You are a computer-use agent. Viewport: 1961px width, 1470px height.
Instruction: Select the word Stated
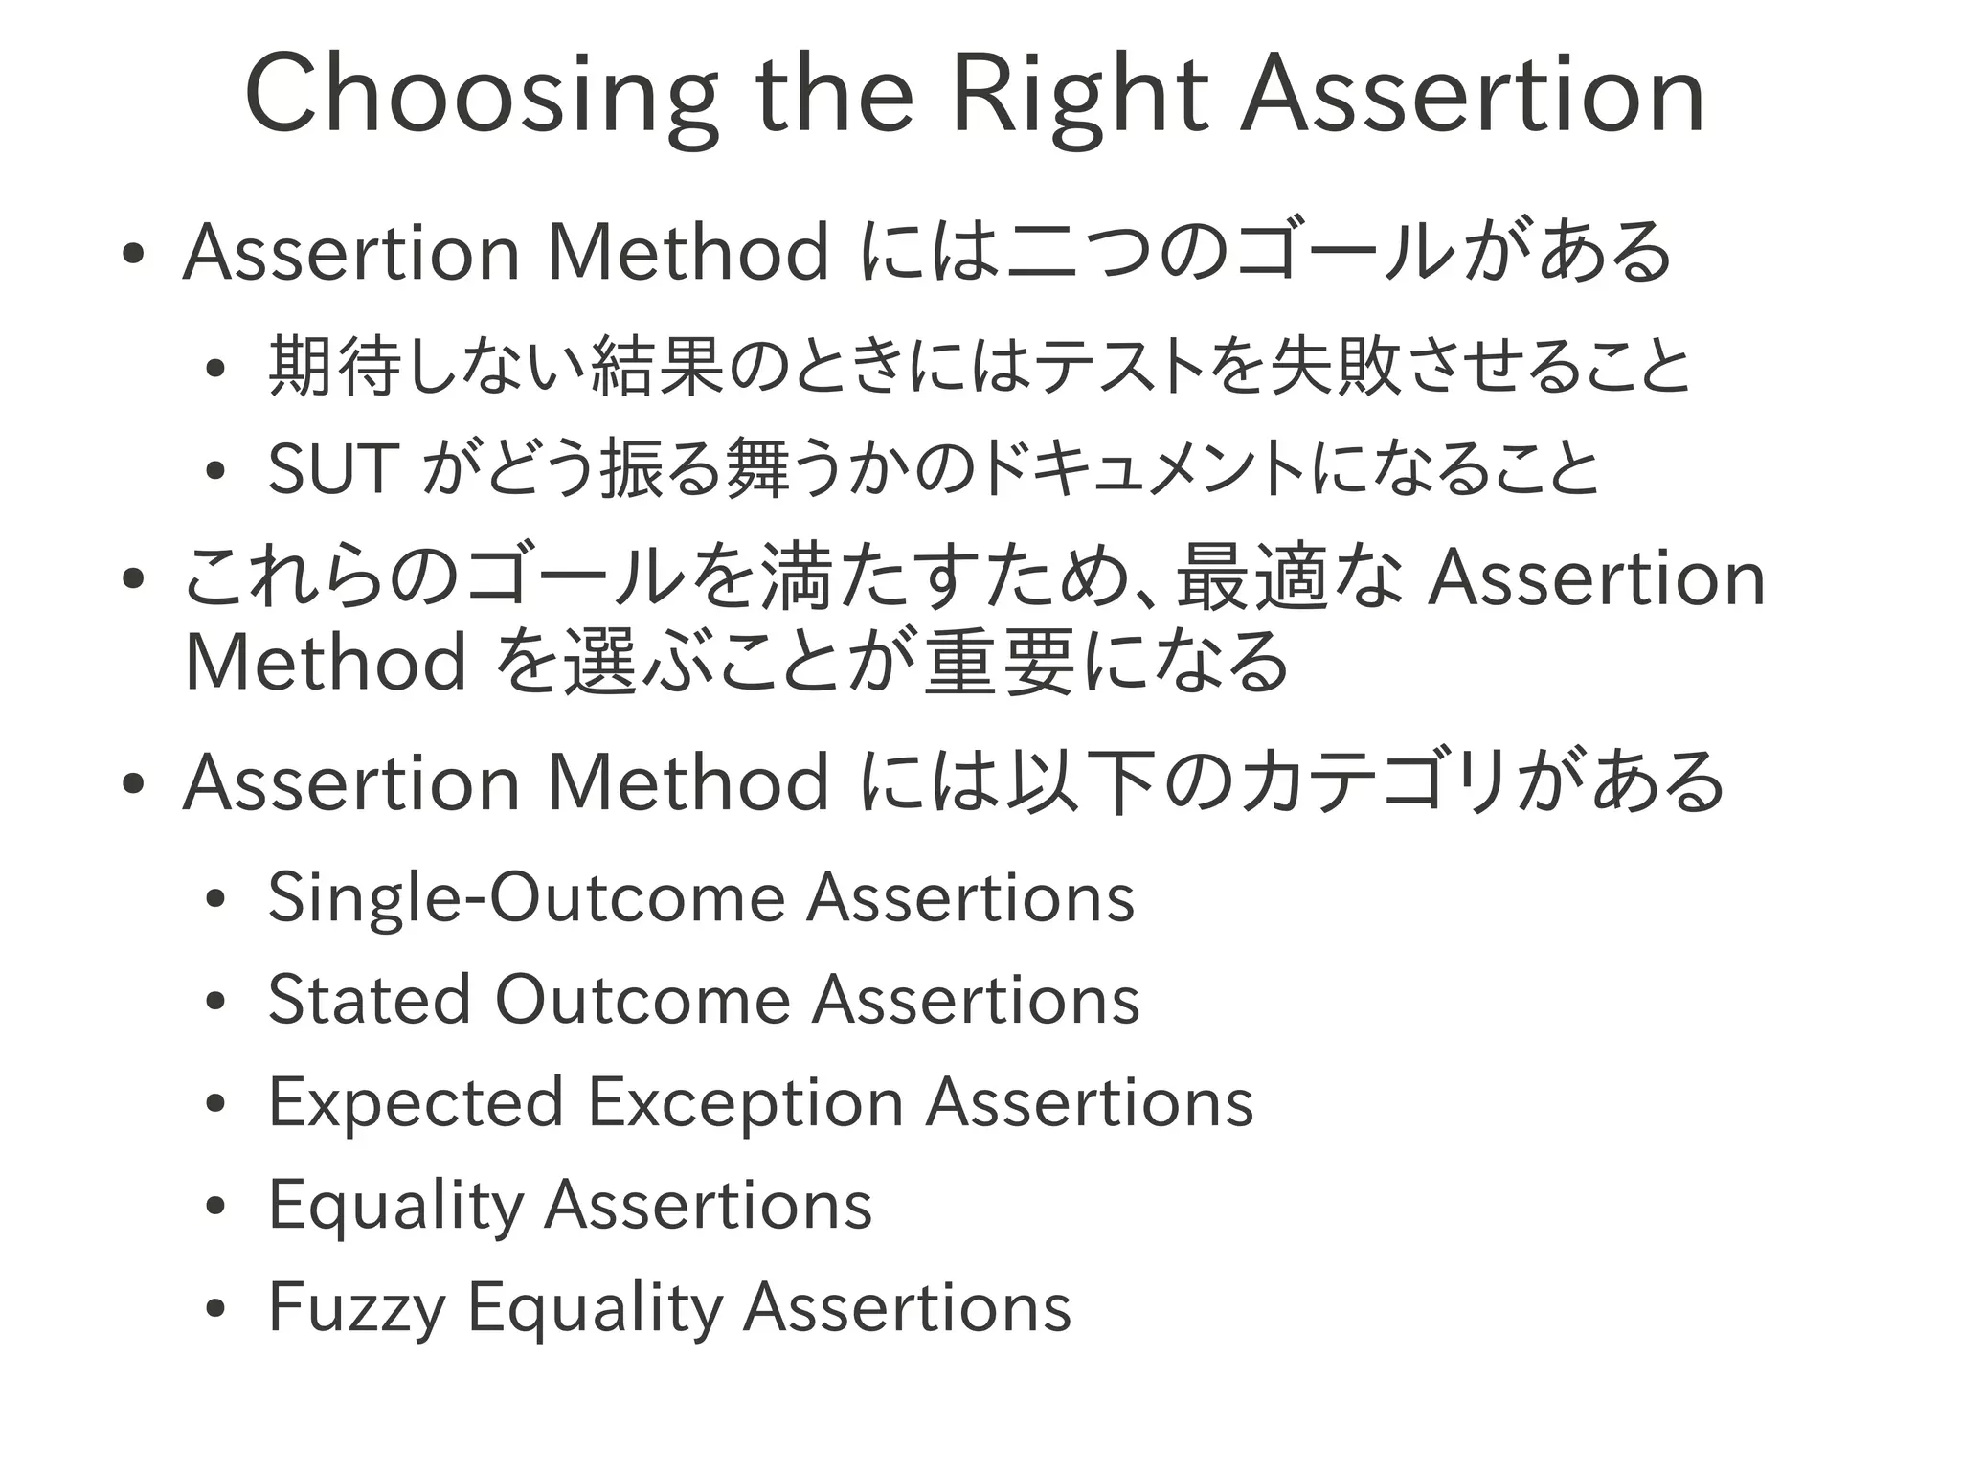(369, 1000)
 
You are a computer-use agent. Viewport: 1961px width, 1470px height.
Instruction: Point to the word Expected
(416, 1102)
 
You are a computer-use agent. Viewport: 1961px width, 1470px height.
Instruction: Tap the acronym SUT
(331, 469)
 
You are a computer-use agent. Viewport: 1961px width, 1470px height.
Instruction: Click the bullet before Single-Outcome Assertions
(214, 900)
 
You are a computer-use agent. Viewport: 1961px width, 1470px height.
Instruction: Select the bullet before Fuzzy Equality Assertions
(214, 1309)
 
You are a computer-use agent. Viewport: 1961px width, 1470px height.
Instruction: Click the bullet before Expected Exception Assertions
(214, 1104)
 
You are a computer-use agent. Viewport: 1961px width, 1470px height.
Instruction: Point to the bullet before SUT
(214, 471)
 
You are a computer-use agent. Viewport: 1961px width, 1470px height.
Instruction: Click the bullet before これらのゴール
(133, 578)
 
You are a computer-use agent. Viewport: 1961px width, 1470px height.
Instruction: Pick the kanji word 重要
(1000, 662)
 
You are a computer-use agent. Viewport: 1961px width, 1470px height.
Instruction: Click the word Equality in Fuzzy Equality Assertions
(595, 1307)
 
